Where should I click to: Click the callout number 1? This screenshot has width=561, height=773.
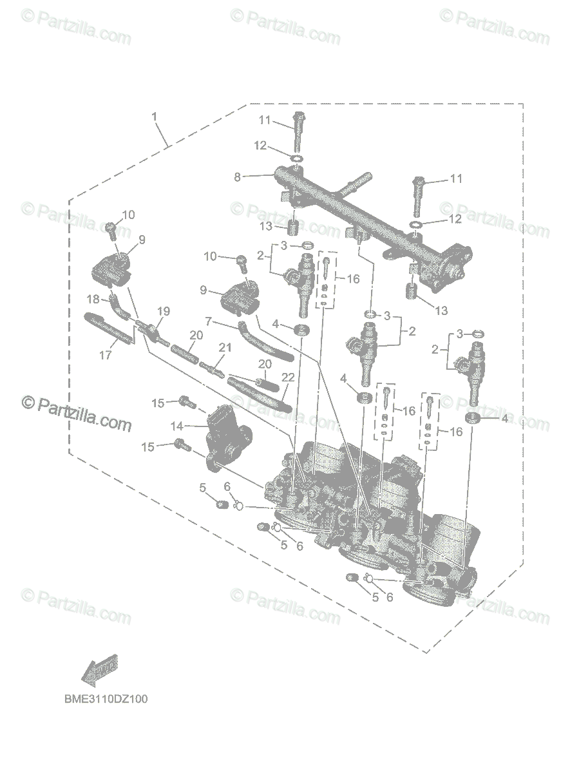point(154,116)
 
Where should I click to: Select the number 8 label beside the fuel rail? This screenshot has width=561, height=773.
point(237,177)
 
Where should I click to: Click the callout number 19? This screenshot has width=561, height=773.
point(164,312)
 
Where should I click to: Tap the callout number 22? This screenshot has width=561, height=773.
point(287,377)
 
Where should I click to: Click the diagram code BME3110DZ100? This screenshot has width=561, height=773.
point(106,698)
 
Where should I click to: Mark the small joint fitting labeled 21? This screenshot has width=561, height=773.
point(213,370)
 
